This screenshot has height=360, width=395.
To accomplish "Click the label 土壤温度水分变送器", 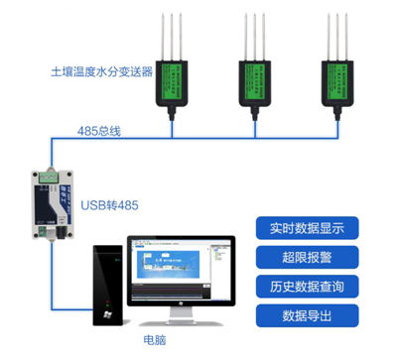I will [102, 72].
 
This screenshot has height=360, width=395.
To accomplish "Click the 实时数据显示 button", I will [307, 227].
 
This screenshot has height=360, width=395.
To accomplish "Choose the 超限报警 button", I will [307, 257].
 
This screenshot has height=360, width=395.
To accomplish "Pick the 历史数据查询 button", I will [307, 287].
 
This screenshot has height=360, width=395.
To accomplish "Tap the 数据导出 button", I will [307, 316].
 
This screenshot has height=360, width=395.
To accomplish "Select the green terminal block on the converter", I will [46, 176].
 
